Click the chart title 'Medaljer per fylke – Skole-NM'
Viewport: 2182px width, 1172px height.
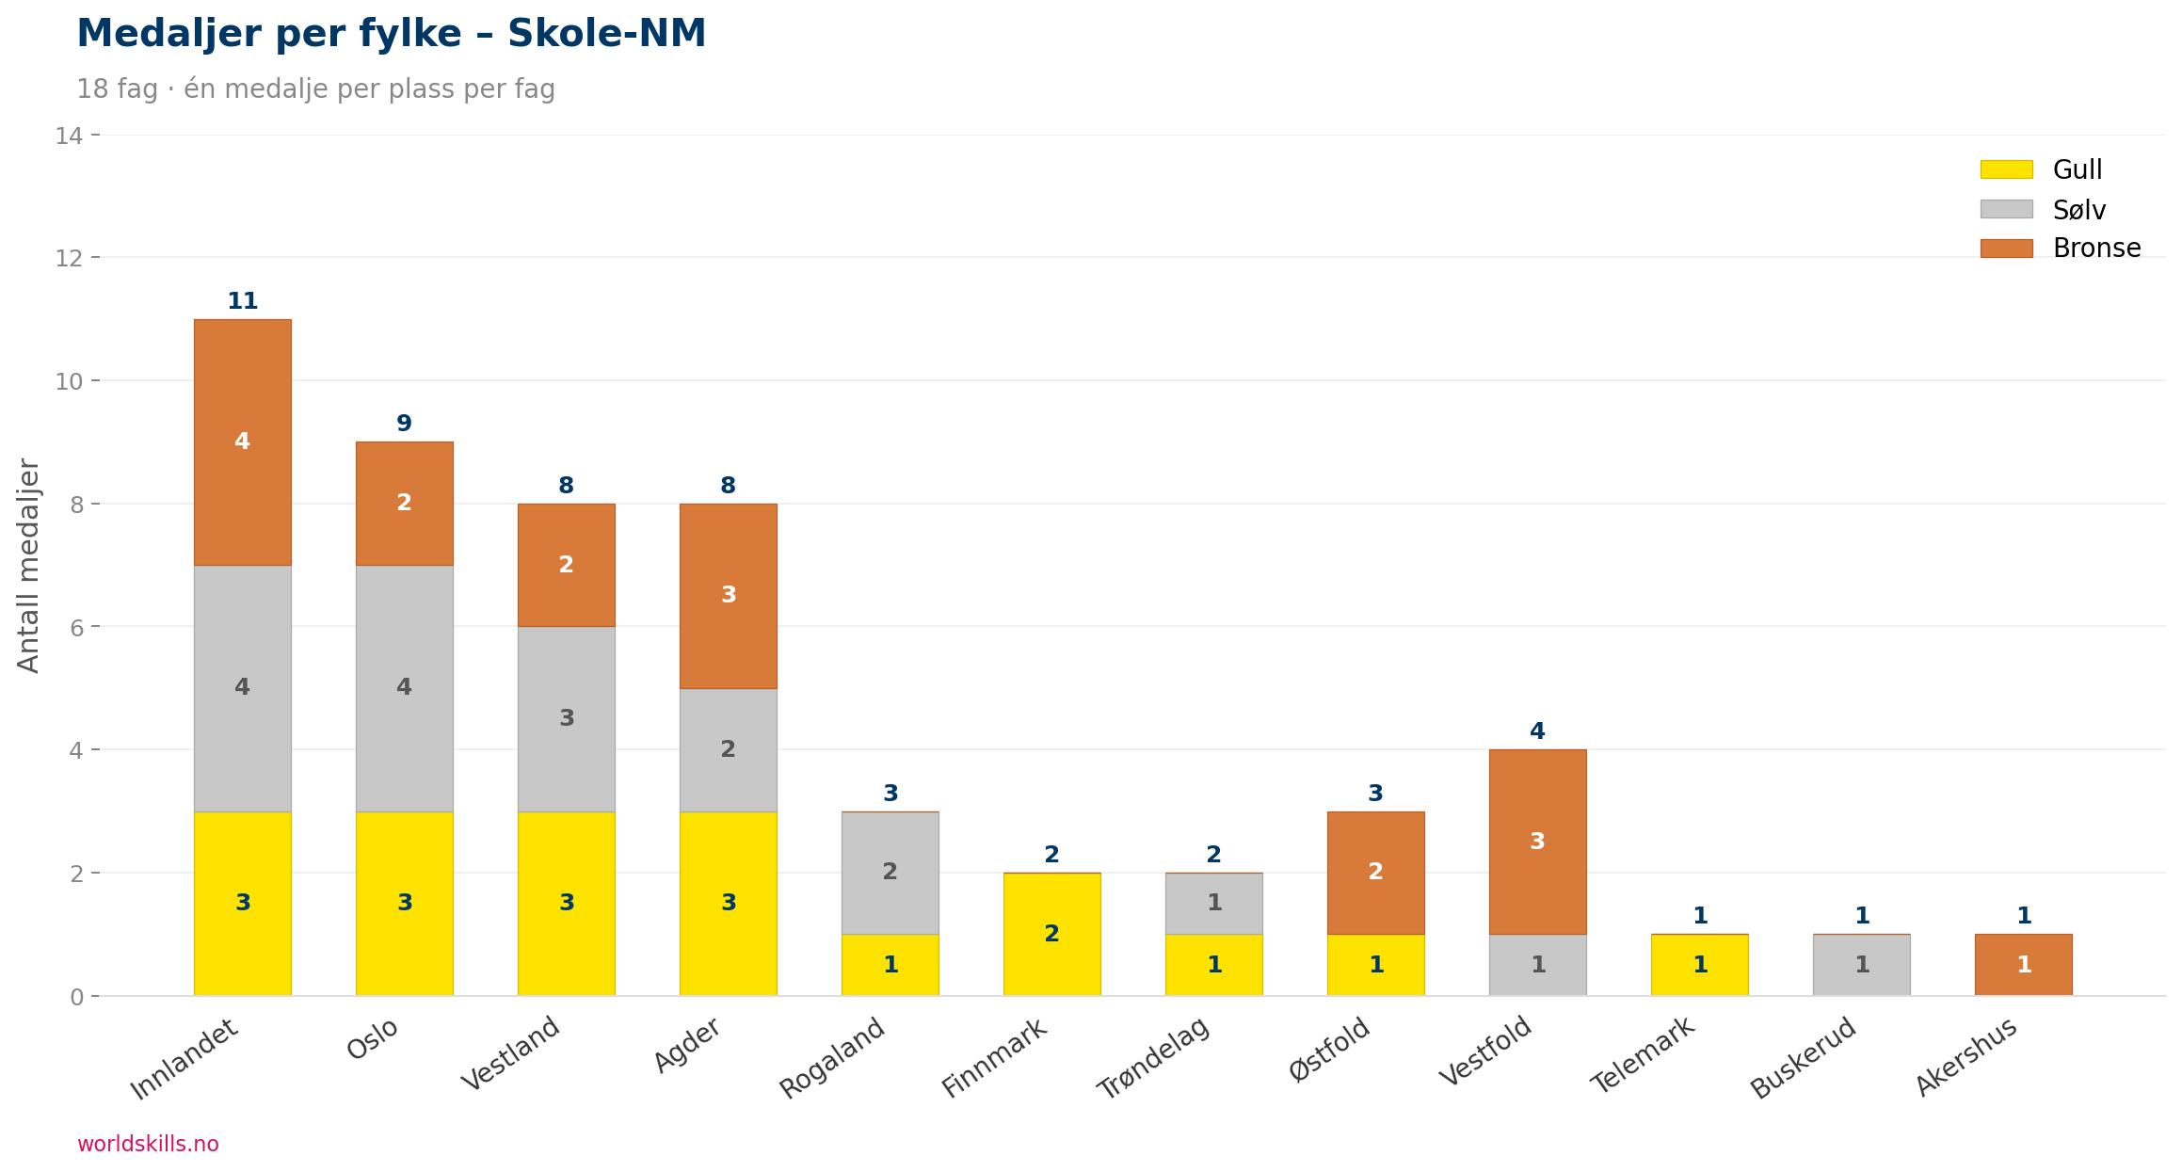(391, 34)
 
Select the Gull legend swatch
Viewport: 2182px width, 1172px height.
(2006, 169)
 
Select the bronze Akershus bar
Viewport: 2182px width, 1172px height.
(2023, 964)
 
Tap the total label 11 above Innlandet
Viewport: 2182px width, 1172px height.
(242, 301)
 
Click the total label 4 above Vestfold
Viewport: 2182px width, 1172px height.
(1537, 730)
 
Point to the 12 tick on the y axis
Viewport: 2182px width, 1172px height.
(69, 258)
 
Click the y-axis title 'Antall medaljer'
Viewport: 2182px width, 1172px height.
(29, 566)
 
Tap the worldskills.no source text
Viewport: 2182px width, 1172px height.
(148, 1144)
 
